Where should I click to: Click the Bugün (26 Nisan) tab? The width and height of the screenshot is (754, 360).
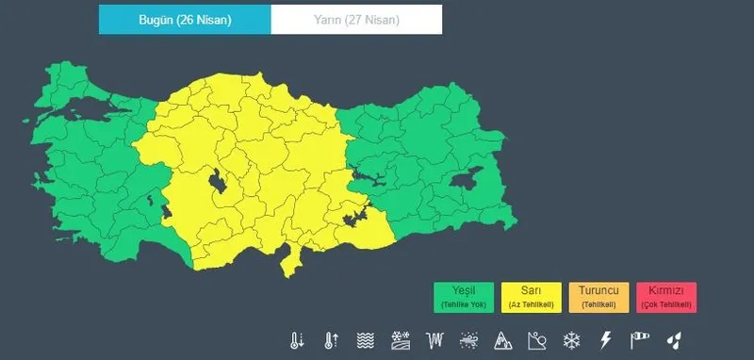click(185, 19)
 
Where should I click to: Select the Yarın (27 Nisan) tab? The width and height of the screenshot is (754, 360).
click(356, 19)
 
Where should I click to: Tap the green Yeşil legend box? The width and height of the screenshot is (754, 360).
click(465, 297)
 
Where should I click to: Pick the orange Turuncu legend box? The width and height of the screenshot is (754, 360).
click(598, 297)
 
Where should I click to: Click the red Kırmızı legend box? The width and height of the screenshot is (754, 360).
click(665, 297)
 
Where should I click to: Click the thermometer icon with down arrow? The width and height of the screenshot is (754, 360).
click(298, 339)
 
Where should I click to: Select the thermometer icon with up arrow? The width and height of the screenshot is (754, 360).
click(331, 339)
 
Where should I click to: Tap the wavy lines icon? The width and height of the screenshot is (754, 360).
click(366, 339)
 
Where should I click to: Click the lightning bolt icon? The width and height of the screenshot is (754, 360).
click(605, 339)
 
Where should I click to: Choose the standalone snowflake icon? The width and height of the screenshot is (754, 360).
click(571, 339)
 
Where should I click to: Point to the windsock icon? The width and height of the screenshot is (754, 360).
click(640, 339)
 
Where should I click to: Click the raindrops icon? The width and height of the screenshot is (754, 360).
click(674, 339)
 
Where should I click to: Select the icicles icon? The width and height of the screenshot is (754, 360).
click(434, 339)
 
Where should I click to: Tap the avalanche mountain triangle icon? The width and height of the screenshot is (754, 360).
click(502, 339)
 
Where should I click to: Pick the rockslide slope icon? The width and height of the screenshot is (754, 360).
click(536, 339)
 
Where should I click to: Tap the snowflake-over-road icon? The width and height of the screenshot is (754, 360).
click(400, 339)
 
